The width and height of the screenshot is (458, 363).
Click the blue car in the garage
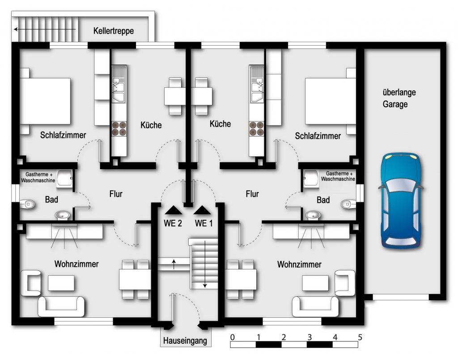pos(401,201)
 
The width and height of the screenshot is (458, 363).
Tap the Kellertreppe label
pos(114,31)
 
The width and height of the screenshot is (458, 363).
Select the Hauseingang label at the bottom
pos(185,341)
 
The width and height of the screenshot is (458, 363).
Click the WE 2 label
pos(173,223)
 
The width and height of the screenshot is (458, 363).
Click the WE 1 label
pos(204,223)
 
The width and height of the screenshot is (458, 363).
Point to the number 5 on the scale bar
pos(360,337)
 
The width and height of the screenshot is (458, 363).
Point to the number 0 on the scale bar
pos(232,337)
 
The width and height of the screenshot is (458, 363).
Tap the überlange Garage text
pos(399,98)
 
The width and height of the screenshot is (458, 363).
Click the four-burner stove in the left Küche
pos(119,128)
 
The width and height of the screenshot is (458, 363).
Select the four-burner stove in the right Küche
pos(256,128)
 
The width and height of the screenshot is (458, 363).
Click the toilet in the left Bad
pos(27,204)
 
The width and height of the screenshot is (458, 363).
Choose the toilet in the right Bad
pos(348,204)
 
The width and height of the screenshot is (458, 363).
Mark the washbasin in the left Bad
pos(63,215)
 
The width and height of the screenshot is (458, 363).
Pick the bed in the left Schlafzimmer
pos(45,101)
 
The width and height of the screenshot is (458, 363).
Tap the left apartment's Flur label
pos(116,194)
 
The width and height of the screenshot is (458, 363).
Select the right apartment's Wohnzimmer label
pos(299,265)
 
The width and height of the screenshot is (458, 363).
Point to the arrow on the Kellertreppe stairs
pos(45,29)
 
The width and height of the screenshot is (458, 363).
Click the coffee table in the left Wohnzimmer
pos(61,283)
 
